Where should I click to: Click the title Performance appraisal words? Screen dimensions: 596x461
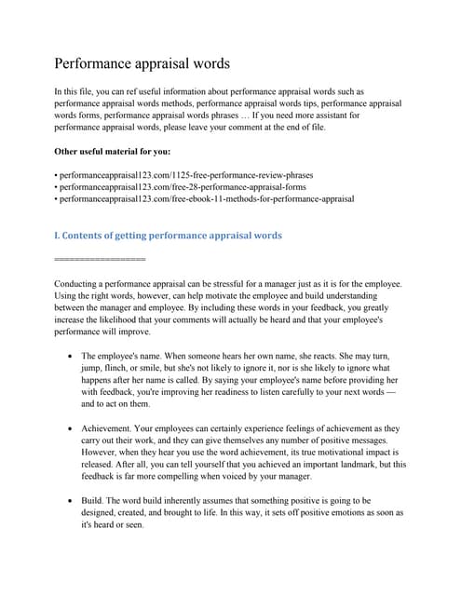(x=142, y=64)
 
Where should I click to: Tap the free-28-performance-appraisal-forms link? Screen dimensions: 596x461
(x=181, y=186)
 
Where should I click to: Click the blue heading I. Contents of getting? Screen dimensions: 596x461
(x=168, y=236)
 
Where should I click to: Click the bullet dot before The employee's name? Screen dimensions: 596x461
(x=72, y=357)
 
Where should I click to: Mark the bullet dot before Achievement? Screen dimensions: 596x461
(x=72, y=429)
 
